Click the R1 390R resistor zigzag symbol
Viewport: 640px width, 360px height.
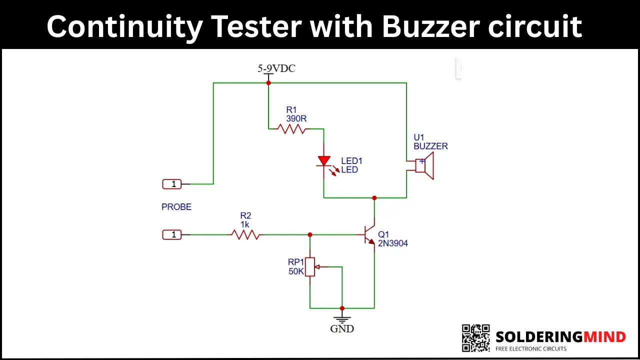tap(291, 129)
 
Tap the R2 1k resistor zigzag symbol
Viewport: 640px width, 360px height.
tap(245, 234)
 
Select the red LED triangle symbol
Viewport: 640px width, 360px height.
tap(324, 161)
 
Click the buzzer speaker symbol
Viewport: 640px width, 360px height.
tap(424, 165)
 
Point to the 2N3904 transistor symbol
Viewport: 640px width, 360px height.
tap(369, 235)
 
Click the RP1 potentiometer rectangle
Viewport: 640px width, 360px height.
tap(310, 267)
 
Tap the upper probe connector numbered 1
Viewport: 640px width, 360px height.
tap(172, 184)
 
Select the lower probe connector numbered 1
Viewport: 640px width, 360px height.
tap(172, 234)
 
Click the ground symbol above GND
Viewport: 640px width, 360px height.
tap(342, 319)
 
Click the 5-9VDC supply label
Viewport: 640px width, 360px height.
tap(276, 68)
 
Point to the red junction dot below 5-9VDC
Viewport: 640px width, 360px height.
tap(268, 83)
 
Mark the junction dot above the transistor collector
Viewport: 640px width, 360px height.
tap(374, 197)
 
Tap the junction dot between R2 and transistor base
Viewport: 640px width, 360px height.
tap(310, 234)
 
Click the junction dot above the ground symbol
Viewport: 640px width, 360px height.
tap(342, 308)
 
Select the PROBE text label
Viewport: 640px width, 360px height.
tap(176, 207)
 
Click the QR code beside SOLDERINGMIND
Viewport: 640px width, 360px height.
tap(475, 338)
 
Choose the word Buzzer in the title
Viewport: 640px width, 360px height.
tap(431, 26)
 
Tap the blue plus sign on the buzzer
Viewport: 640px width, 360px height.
tap(422, 161)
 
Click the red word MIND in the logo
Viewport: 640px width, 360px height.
tap(604, 337)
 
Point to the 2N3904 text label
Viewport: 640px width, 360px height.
tap(393, 243)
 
